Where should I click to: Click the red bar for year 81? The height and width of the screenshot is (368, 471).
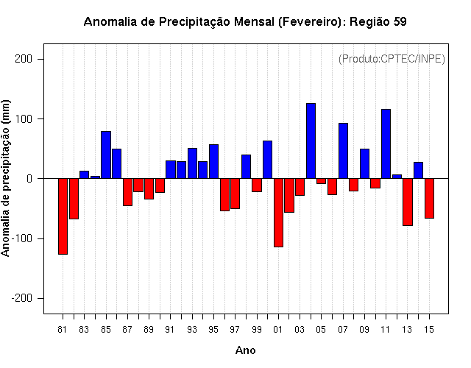pyautogui.click(x=63, y=216)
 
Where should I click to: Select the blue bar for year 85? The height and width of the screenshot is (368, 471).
pyautogui.click(x=106, y=155)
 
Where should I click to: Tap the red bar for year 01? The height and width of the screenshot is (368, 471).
pyautogui.click(x=278, y=213)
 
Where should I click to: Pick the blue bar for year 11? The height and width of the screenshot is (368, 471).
pyautogui.click(x=386, y=144)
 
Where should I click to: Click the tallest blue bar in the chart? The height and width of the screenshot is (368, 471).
pyautogui.click(x=311, y=141)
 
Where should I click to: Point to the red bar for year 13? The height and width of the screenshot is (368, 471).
pyautogui.click(x=408, y=202)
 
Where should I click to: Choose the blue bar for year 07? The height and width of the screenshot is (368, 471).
pyautogui.click(x=343, y=151)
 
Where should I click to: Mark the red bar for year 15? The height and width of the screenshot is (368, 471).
pyautogui.click(x=429, y=198)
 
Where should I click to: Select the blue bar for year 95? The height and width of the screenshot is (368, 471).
pyautogui.click(x=213, y=161)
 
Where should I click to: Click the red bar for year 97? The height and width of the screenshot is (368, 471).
pyautogui.click(x=235, y=194)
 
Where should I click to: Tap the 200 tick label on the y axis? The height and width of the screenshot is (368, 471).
pyautogui.click(x=24, y=59)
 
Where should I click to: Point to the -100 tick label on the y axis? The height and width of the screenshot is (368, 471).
pyautogui.click(x=21, y=238)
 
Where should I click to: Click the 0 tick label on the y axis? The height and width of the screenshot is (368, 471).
pyautogui.click(x=29, y=179)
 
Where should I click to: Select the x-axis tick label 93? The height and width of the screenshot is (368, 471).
pyautogui.click(x=192, y=330)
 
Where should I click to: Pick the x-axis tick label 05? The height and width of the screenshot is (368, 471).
pyautogui.click(x=321, y=330)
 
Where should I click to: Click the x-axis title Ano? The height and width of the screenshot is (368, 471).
pyautogui.click(x=245, y=350)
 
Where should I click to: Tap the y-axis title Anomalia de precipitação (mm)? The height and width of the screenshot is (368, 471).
pyautogui.click(x=5, y=178)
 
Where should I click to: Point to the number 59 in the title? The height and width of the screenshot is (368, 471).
pyautogui.click(x=400, y=21)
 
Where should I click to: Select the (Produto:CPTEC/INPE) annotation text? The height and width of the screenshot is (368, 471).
pyautogui.click(x=392, y=59)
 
